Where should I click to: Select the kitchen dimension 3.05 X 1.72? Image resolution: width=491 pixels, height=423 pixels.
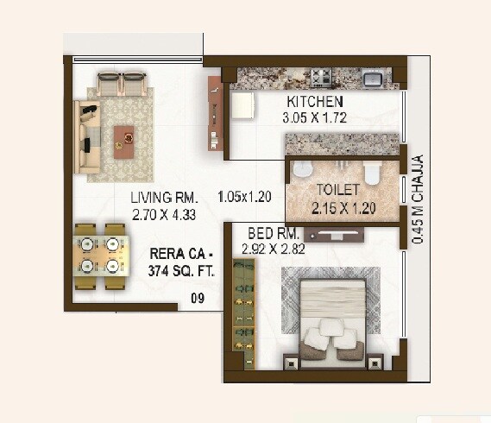[x=315, y=118]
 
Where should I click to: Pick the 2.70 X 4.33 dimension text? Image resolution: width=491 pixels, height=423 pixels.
[x=165, y=212]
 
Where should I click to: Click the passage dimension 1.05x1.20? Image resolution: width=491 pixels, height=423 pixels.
[x=245, y=196]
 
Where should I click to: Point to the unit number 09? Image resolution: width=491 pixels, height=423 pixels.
[x=197, y=300]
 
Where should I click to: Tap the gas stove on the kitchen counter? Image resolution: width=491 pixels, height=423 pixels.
[x=321, y=78]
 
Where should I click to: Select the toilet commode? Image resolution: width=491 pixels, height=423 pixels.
[x=372, y=175]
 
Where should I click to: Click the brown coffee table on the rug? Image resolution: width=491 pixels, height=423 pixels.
[x=125, y=136]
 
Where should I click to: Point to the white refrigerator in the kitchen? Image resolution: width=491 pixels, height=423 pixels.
[x=242, y=107]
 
